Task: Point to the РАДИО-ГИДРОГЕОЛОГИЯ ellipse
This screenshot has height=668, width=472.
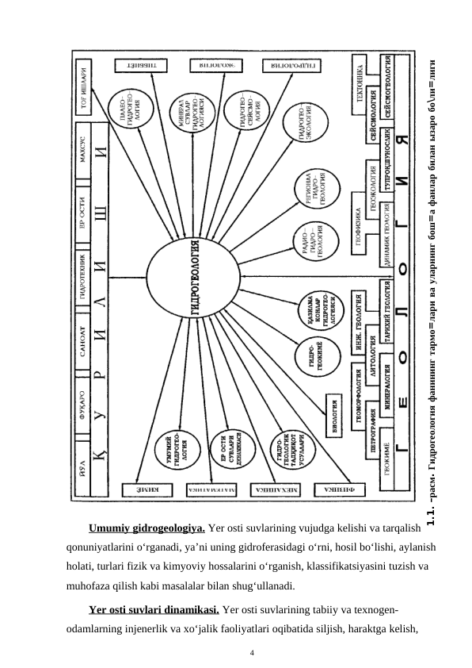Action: pyautogui.click(x=310, y=244)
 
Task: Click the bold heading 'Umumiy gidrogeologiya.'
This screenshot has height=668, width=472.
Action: pyautogui.click(x=148, y=528)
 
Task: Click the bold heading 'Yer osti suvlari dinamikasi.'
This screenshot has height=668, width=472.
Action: pyautogui.click(x=155, y=610)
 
